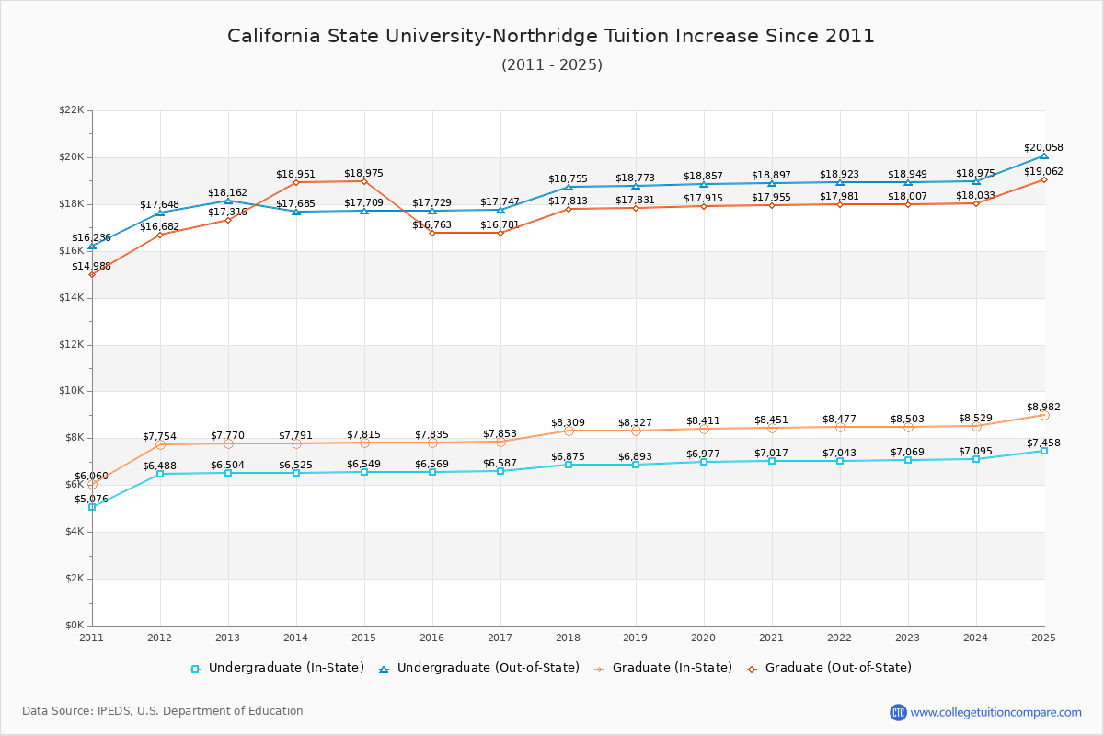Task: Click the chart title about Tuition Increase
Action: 551,36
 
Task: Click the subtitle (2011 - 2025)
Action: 551,65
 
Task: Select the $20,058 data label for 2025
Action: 1043,148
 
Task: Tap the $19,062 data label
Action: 1043,172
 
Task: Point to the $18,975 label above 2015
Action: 363,174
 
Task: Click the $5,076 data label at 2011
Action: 91,500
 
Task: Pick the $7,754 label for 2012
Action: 159,437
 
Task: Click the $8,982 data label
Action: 1043,408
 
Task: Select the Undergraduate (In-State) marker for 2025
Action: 1044,451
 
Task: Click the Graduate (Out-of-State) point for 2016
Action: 432,233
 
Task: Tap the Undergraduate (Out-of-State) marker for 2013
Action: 228,201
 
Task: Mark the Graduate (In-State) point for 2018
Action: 569,431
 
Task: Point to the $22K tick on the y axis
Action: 71,110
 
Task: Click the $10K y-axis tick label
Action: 71,391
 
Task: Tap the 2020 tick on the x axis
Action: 704,637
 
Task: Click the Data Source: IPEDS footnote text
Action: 163,711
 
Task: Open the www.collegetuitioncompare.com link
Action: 995,712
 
